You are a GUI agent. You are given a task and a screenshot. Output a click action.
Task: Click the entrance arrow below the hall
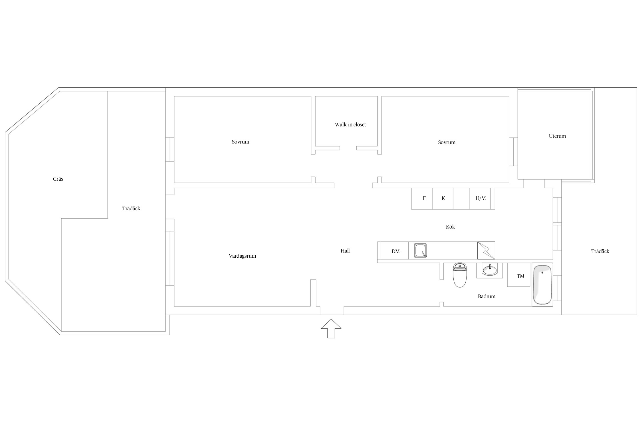point(331,328)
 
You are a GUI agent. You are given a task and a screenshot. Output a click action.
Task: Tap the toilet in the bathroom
point(460,275)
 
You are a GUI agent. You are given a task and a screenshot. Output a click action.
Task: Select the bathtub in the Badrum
point(542,285)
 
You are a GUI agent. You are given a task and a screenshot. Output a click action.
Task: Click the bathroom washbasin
point(490,269)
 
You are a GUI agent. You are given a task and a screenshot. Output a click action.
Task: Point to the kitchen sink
point(420,251)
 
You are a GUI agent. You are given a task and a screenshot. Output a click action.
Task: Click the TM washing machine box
point(518,275)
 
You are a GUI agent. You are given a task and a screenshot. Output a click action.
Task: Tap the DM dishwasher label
point(395,251)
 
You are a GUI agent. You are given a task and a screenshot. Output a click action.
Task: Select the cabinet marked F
point(422,199)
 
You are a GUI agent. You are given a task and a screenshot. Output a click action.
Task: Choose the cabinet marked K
point(443,199)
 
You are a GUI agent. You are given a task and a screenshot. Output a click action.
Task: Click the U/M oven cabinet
point(480,199)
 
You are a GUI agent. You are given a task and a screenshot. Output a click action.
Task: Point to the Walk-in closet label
point(350,125)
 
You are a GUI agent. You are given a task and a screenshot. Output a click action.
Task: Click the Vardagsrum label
point(242,256)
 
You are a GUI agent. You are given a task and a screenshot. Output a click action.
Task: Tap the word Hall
point(345,251)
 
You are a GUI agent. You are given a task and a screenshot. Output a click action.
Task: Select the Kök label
point(450,227)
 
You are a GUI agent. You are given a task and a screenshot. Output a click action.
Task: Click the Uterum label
point(557,136)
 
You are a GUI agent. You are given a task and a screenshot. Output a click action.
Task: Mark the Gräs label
point(58,179)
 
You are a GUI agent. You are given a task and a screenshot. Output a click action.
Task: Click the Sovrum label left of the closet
point(240,142)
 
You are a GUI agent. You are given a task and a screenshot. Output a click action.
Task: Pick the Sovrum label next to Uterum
point(447,142)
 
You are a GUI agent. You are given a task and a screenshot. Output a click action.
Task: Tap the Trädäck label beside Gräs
point(131,209)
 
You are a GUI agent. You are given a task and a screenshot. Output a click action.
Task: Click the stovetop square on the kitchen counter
point(486,251)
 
